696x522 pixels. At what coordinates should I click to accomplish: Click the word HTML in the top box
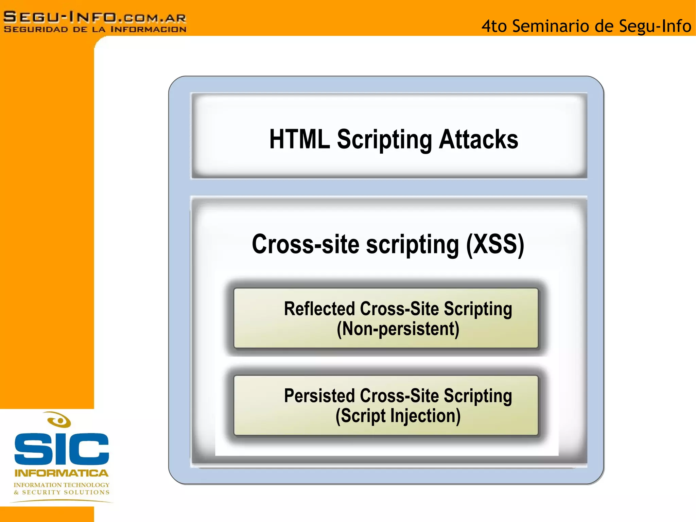pos(299,139)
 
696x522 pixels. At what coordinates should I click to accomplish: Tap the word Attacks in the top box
pos(478,139)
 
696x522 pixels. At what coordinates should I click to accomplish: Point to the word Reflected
pos(319,309)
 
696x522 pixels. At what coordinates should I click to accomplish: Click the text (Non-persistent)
pos(398,329)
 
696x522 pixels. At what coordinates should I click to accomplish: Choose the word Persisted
pos(319,396)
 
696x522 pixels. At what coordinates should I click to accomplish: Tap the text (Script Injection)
pos(398,416)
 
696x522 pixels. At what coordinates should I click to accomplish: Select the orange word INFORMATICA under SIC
pos(62,473)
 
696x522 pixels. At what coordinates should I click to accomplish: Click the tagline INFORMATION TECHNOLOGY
pos(62,485)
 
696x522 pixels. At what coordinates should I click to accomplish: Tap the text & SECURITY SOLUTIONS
pos(62,492)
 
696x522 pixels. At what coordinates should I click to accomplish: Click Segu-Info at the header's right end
pos(655,26)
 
